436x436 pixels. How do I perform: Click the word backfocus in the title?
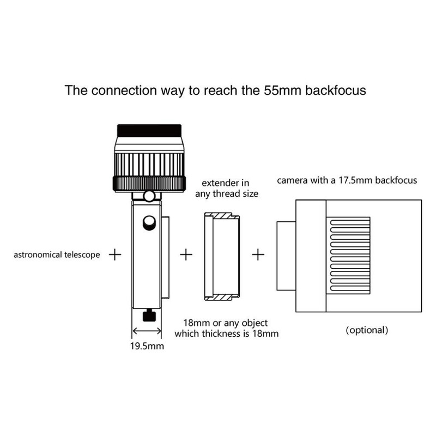pos(339,90)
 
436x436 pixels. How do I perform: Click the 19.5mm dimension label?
pos(147,345)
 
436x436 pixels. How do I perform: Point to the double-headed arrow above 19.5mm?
pos(147,331)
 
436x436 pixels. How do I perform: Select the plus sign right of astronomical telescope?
pos(115,255)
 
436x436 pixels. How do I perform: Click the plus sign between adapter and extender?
pos(186,255)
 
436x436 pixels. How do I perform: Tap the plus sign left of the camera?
pos(257,255)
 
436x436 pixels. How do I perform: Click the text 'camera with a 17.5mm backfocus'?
pos(348,180)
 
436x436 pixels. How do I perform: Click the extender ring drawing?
pos(221,256)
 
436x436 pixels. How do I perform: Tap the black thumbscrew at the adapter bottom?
pos(148,315)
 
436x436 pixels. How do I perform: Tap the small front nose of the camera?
pos(285,256)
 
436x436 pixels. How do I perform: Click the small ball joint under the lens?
pos(149,195)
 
